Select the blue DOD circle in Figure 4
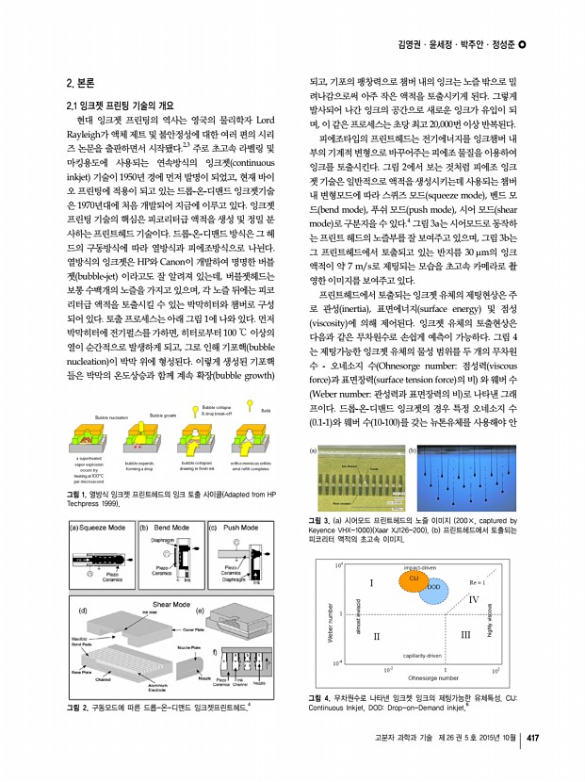pos(433,586)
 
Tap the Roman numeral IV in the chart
pos(474,600)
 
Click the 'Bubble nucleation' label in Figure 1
pos(111,441)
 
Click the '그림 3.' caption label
pos(321,521)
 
